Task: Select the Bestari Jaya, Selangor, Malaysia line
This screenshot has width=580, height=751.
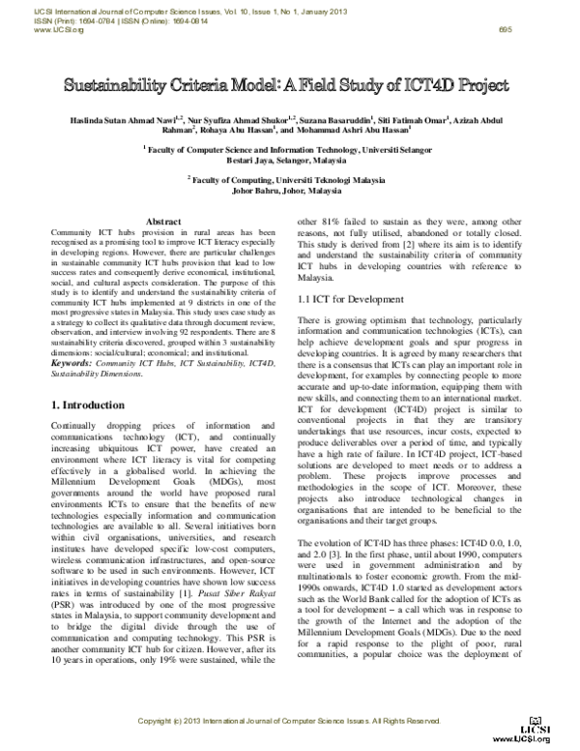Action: (x=289, y=160)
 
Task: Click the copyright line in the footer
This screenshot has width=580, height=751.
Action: (x=289, y=721)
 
